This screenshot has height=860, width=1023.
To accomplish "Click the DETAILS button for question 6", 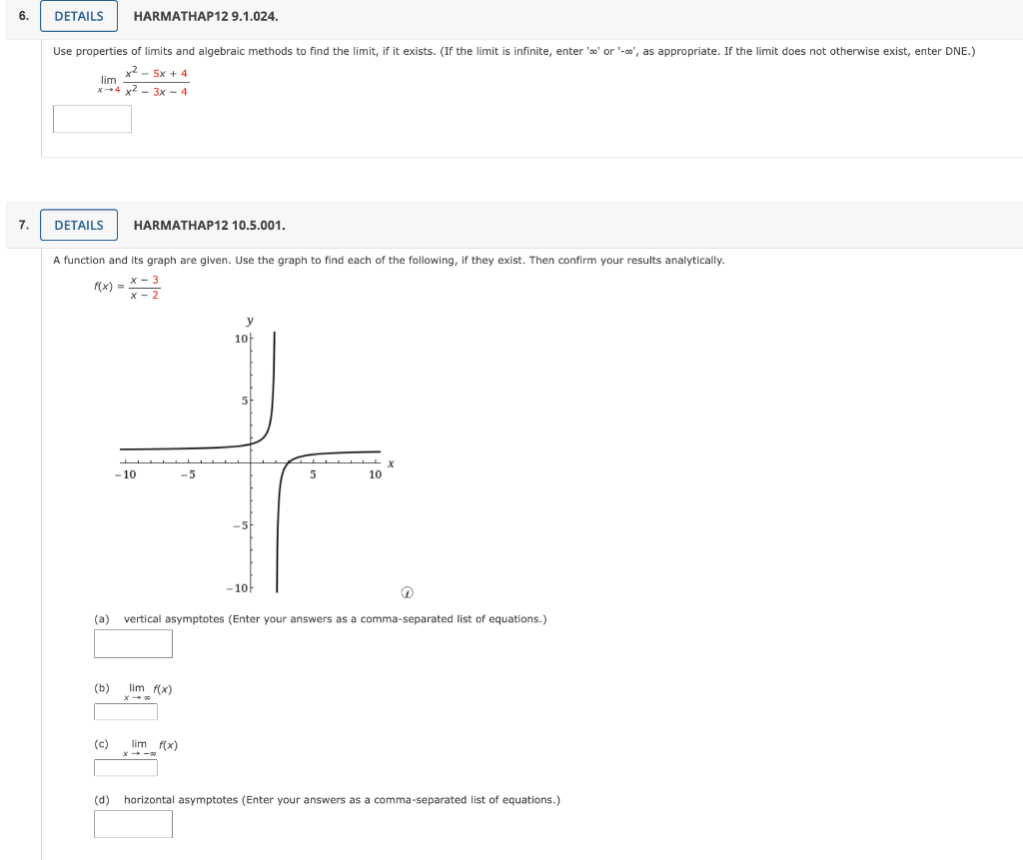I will click(79, 16).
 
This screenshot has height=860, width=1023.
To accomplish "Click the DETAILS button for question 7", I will click(79, 225).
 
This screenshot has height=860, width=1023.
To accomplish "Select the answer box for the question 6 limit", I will click(92, 119).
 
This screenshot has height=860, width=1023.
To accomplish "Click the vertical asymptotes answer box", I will click(133, 643).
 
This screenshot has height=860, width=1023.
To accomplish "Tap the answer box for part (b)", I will click(126, 711).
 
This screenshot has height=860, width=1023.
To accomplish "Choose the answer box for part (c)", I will click(126, 767).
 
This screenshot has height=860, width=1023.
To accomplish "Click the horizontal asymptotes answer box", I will click(133, 824).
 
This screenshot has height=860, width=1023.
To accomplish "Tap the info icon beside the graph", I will click(407, 593).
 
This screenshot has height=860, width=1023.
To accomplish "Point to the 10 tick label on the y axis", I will click(241, 339).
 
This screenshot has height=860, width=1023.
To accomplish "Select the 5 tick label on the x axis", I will click(313, 475).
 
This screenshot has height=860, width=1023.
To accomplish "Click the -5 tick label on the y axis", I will click(240, 525).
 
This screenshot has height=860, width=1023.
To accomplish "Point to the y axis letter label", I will click(250, 321).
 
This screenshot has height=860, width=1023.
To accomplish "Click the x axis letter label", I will click(391, 463).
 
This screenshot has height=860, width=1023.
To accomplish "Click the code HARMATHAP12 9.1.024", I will click(206, 17).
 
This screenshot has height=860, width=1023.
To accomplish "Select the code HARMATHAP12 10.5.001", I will click(209, 226).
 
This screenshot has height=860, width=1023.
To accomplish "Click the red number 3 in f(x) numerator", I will click(155, 280).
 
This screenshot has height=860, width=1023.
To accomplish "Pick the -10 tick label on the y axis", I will click(238, 587).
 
